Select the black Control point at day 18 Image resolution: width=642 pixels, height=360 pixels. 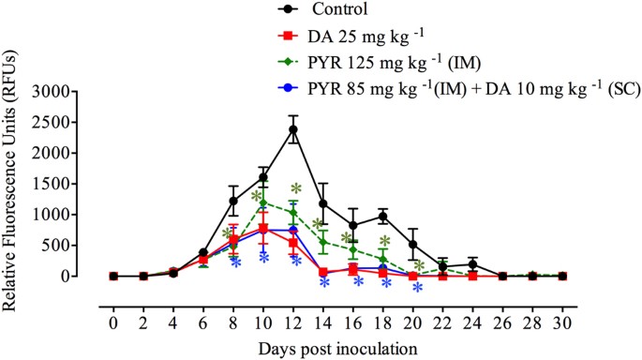click(383, 216)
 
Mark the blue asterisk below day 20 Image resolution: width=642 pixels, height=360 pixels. click(416, 289)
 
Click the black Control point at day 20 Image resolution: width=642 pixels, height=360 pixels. click(413, 245)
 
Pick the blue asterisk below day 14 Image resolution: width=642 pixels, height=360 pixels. click(324, 281)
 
